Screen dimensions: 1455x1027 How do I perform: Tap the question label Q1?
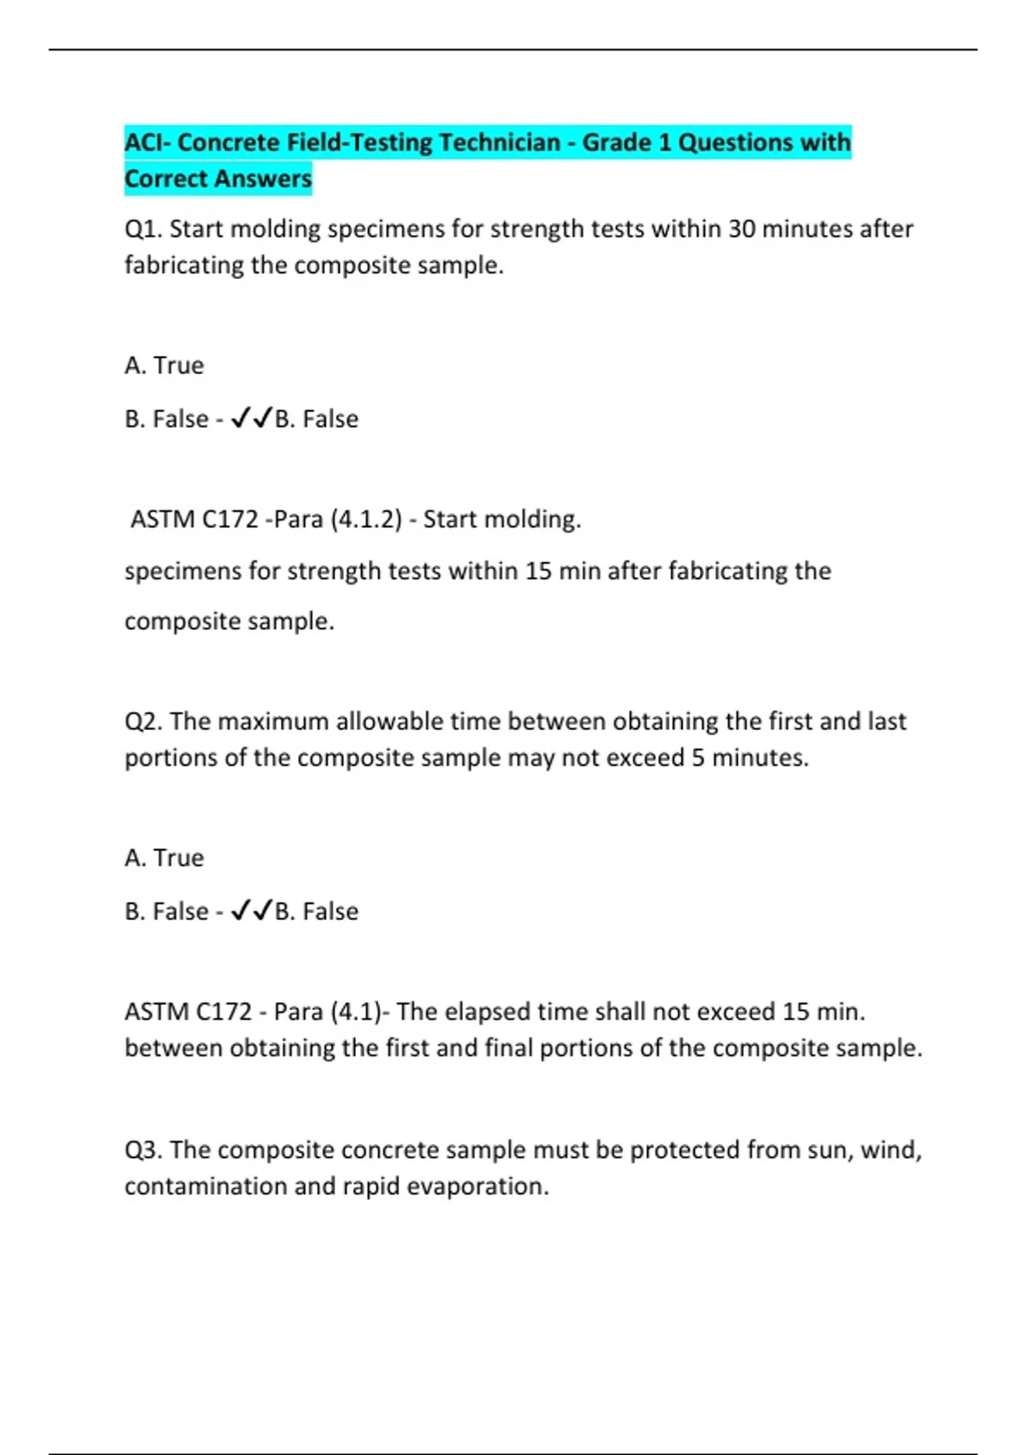143,229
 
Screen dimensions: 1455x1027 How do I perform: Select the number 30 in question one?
742,229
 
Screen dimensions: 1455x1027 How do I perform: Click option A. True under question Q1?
164,365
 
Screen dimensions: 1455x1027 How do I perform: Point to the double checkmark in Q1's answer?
252,419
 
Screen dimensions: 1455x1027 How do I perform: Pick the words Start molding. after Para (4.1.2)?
502,520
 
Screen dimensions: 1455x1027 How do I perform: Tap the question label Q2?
143,722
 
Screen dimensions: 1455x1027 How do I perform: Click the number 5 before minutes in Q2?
698,758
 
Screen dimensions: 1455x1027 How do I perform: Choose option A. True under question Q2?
164,858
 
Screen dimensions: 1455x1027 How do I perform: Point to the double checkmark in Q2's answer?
252,911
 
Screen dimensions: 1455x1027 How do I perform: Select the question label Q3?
143,1149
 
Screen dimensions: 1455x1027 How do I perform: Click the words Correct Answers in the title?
218,179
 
